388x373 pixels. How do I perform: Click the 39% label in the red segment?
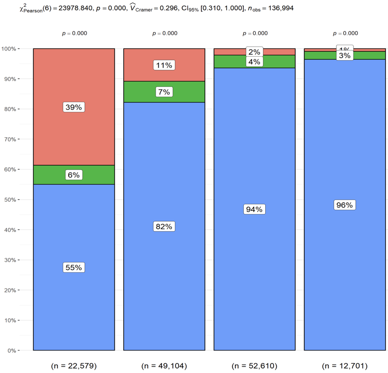[74, 107]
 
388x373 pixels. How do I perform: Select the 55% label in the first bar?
[74, 267]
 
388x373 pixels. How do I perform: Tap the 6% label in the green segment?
[74, 175]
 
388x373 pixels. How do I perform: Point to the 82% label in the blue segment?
[164, 227]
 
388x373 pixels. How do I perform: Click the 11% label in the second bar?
[164, 65]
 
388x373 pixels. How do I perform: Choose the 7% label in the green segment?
[164, 92]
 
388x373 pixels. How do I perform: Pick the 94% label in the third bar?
[254, 209]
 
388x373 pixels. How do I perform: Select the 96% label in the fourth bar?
[345, 205]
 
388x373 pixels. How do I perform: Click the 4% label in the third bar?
[254, 62]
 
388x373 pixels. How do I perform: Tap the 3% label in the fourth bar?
[345, 56]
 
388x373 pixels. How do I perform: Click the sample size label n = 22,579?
[74, 366]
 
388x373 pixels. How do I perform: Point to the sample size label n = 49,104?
[164, 366]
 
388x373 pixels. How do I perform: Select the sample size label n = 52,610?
[254, 366]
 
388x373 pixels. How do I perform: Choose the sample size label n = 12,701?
[345, 366]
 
